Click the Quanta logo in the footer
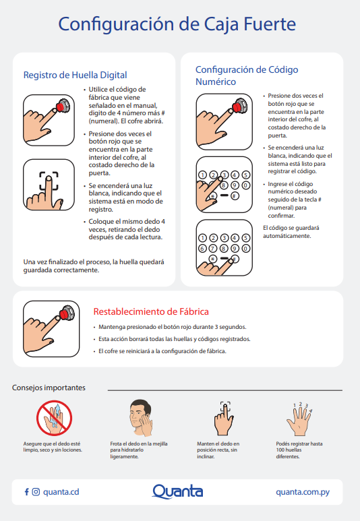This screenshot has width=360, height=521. [177, 491]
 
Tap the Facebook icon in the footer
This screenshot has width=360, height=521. [26, 492]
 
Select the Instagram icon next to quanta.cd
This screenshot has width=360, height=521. [36, 492]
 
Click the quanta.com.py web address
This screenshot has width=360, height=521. [303, 492]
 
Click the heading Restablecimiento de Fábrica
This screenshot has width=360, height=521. [151, 311]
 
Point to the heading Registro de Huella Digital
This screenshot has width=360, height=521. [75, 75]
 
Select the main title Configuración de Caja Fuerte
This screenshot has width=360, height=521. [177, 24]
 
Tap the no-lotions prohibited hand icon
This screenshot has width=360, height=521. [54, 418]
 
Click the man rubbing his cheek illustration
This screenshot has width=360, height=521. [141, 418]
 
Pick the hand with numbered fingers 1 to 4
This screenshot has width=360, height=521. [299, 419]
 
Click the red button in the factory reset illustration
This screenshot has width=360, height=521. [65, 313]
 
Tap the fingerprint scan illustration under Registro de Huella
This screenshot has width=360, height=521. [49, 185]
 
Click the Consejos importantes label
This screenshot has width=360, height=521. [49, 388]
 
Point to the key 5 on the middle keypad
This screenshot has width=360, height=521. [245, 175]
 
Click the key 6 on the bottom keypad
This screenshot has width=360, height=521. [202, 248]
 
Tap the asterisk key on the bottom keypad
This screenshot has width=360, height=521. [213, 259]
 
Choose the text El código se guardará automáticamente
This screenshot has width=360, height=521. [291, 232]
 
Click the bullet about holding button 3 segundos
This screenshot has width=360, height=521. [172, 327]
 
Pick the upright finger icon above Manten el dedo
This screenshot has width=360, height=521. [224, 419]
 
